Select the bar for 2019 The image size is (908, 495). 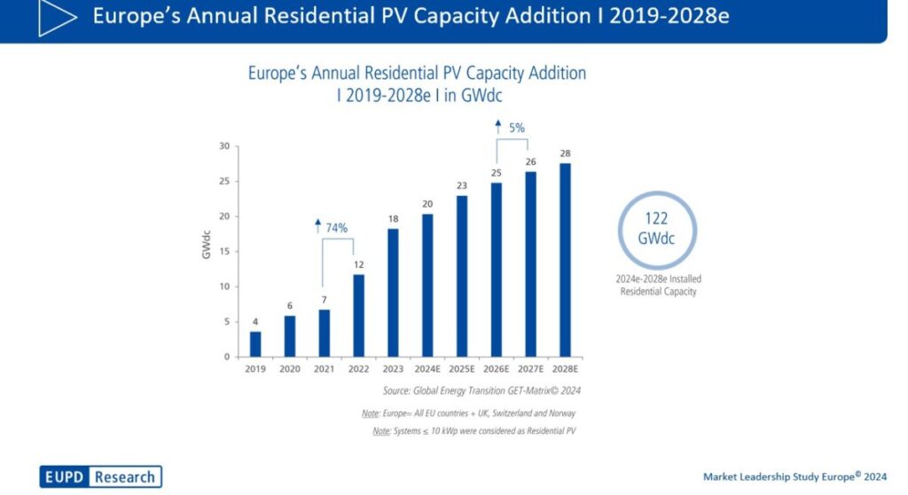pyautogui.click(x=255, y=344)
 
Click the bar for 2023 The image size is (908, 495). pyautogui.click(x=393, y=293)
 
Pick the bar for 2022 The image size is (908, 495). pyautogui.click(x=358, y=315)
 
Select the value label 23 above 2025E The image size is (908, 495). pyautogui.click(x=462, y=185)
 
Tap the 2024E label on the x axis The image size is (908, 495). pyautogui.click(x=427, y=369)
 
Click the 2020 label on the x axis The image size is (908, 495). pyautogui.click(x=290, y=369)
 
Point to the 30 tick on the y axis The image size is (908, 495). pyautogui.click(x=224, y=146)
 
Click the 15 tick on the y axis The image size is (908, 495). pyautogui.click(x=224, y=252)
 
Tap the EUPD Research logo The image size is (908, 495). pyautogui.click(x=100, y=476)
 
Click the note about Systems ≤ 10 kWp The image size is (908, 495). pyautogui.click(x=474, y=431)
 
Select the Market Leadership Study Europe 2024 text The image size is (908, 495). pyautogui.click(x=795, y=476)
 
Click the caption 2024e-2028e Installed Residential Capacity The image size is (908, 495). pyautogui.click(x=658, y=285)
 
